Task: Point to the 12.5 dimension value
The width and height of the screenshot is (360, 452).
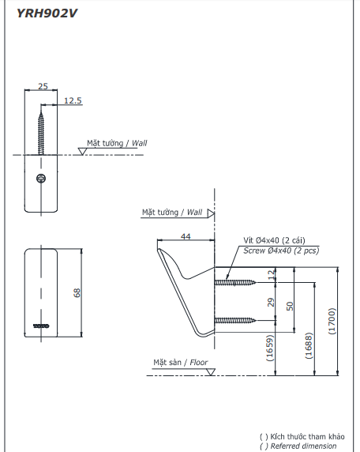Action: [73, 100]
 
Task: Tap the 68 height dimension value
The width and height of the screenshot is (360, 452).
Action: [77, 292]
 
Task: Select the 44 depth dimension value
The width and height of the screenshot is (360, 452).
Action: [186, 236]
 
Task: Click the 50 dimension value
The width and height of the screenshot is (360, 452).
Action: [290, 305]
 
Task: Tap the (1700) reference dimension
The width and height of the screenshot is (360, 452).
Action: [332, 322]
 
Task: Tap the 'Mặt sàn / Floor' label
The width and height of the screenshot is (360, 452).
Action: [181, 363]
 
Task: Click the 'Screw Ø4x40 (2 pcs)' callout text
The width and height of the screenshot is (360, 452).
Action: [281, 250]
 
